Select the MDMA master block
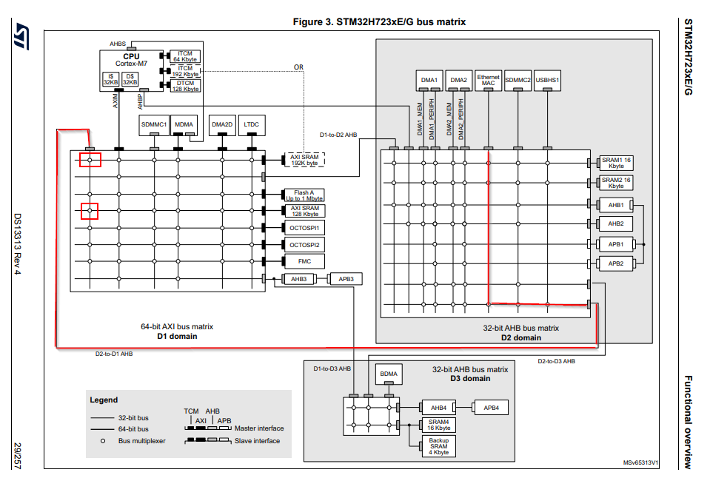coord(184,124)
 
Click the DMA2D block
coord(222,124)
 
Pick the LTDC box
coord(252,124)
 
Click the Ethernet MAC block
coord(488,80)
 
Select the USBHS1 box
coord(548,80)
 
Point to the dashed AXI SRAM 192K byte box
coord(304,160)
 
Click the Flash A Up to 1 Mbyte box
coord(304,195)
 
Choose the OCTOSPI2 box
coord(304,244)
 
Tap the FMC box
coord(304,261)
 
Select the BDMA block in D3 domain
coord(389,374)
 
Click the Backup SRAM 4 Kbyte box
coord(438,446)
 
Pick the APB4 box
coord(491,408)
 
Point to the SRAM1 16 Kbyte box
coord(615,163)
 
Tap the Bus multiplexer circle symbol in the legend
coord(102,440)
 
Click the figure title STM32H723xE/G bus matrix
coord(379,21)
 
